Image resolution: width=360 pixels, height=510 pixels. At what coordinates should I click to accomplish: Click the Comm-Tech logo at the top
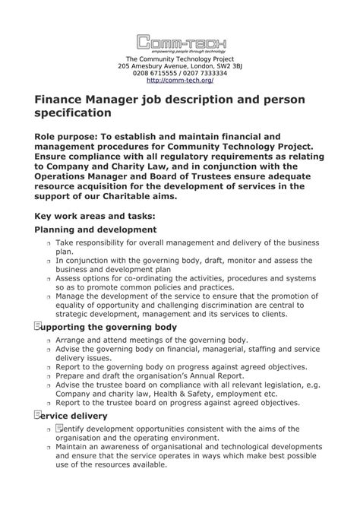[180, 43]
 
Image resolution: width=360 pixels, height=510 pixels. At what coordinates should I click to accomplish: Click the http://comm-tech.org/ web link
[180, 80]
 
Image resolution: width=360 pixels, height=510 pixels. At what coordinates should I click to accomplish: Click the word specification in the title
[73, 113]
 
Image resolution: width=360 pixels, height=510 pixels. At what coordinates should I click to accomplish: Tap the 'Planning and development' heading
[96, 230]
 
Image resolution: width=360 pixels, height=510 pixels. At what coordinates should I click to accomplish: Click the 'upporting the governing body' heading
[110, 327]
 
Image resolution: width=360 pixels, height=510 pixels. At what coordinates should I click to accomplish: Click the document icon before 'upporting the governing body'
[38, 326]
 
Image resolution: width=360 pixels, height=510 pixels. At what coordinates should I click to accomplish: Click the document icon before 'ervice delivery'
[38, 415]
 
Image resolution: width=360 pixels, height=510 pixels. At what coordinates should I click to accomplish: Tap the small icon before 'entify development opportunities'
[59, 429]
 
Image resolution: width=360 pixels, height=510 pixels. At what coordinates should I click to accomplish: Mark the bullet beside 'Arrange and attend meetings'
[48, 341]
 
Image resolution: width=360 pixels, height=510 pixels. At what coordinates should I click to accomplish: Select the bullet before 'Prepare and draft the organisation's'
[48, 376]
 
